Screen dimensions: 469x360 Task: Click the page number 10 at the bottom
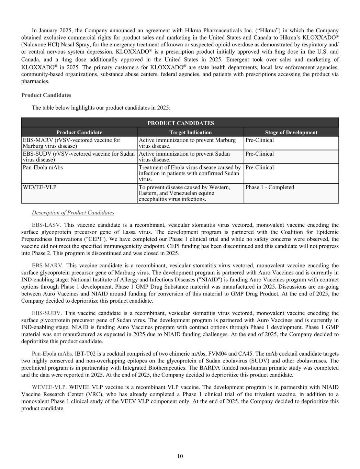tap(180, 456)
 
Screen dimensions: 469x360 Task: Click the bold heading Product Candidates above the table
tap(46, 95)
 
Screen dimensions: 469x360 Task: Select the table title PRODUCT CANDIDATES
tap(180, 123)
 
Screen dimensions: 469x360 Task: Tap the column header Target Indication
tap(190, 132)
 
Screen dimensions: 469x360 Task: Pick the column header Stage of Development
tap(291, 132)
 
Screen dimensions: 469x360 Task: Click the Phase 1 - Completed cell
tap(270, 187)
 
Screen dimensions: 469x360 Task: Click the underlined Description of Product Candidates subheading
tap(73, 213)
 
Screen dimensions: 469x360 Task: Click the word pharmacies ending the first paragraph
tap(35, 81)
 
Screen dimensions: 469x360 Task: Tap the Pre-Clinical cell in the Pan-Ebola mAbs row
tap(259, 167)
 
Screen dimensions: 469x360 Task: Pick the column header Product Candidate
tap(79, 132)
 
